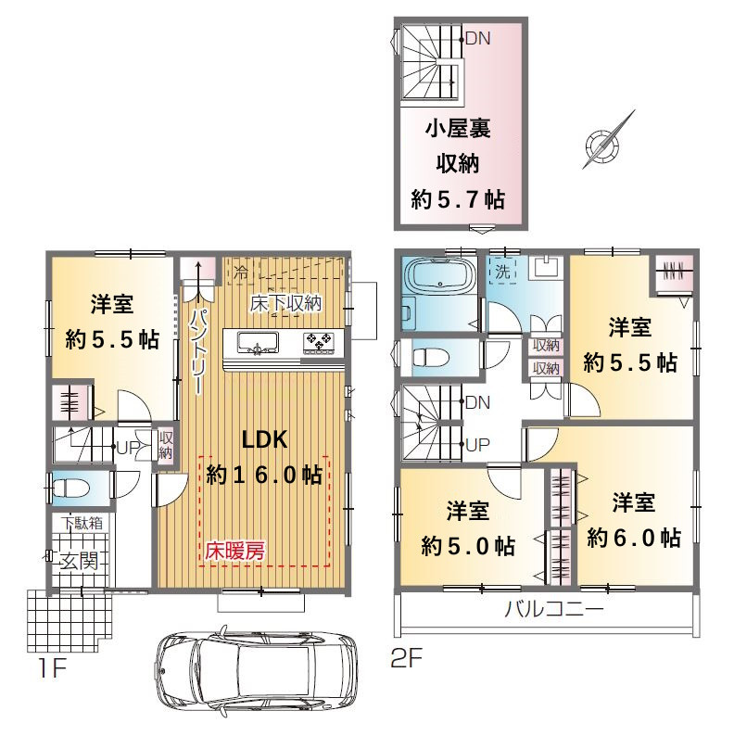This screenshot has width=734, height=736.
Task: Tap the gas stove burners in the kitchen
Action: pos(319,341)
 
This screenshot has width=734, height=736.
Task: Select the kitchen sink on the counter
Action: pos(258,342)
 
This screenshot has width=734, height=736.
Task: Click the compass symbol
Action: pos(603,142)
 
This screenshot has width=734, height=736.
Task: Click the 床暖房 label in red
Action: pos(234,551)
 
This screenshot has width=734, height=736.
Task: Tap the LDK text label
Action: pos(265,439)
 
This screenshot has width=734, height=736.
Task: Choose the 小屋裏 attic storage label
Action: pos(458,128)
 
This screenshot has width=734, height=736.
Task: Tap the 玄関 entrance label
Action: pos(80,561)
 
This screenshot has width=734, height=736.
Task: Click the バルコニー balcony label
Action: pos(554,610)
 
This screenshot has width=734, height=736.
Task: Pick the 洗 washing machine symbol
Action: pos(502,271)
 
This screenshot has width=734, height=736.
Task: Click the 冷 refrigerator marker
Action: pos(241,273)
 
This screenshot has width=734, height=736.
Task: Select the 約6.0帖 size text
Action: pos(634,538)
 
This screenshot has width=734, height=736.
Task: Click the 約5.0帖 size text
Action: pos(468,546)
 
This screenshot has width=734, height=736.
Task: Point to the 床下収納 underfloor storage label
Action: pos(285,304)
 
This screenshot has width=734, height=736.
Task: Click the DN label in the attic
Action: pos(478,39)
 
